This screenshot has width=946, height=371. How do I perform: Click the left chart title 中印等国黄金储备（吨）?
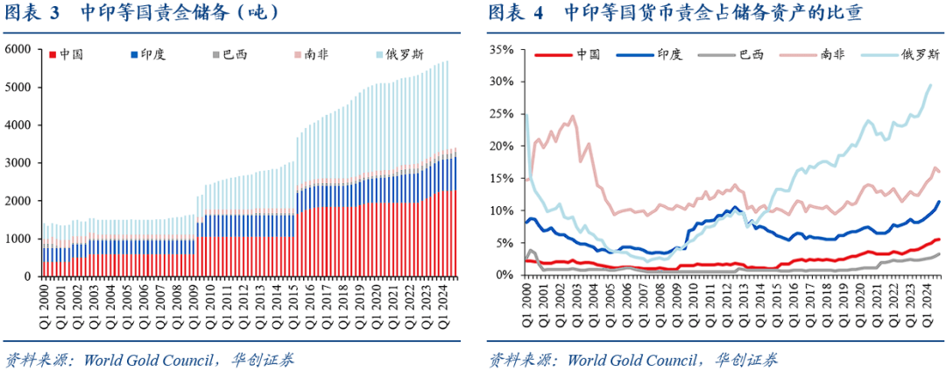coord(180,13)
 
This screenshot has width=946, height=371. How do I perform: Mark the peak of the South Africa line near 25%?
coord(573,116)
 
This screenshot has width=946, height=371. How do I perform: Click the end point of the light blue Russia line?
coord(930,85)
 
